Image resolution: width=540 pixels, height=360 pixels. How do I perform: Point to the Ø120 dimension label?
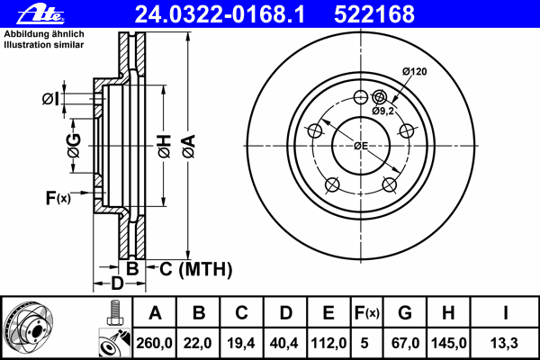413,71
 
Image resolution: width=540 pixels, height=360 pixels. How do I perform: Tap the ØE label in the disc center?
360,146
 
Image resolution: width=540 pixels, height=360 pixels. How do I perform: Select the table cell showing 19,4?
242,343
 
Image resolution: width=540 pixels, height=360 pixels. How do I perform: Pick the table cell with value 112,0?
328,343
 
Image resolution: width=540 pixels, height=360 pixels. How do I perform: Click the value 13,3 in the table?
507,343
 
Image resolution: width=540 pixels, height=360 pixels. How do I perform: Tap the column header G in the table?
405,313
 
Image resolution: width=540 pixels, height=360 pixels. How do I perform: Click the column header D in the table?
285,313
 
